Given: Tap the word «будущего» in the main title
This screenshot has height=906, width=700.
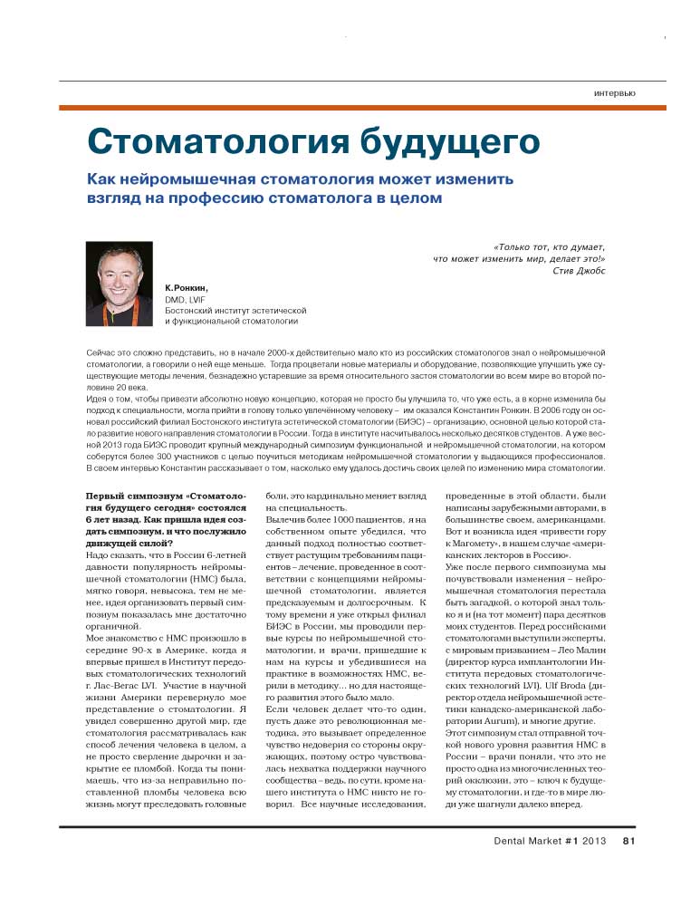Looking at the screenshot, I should (443, 142).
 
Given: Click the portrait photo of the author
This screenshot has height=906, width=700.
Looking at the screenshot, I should (119, 283).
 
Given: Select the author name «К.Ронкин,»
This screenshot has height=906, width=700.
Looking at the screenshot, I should (187, 286).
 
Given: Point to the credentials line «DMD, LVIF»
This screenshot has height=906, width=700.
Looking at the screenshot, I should (185, 298).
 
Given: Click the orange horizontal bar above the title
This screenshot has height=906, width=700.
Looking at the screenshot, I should (362, 108).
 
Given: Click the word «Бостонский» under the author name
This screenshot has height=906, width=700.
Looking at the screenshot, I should (192, 310).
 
